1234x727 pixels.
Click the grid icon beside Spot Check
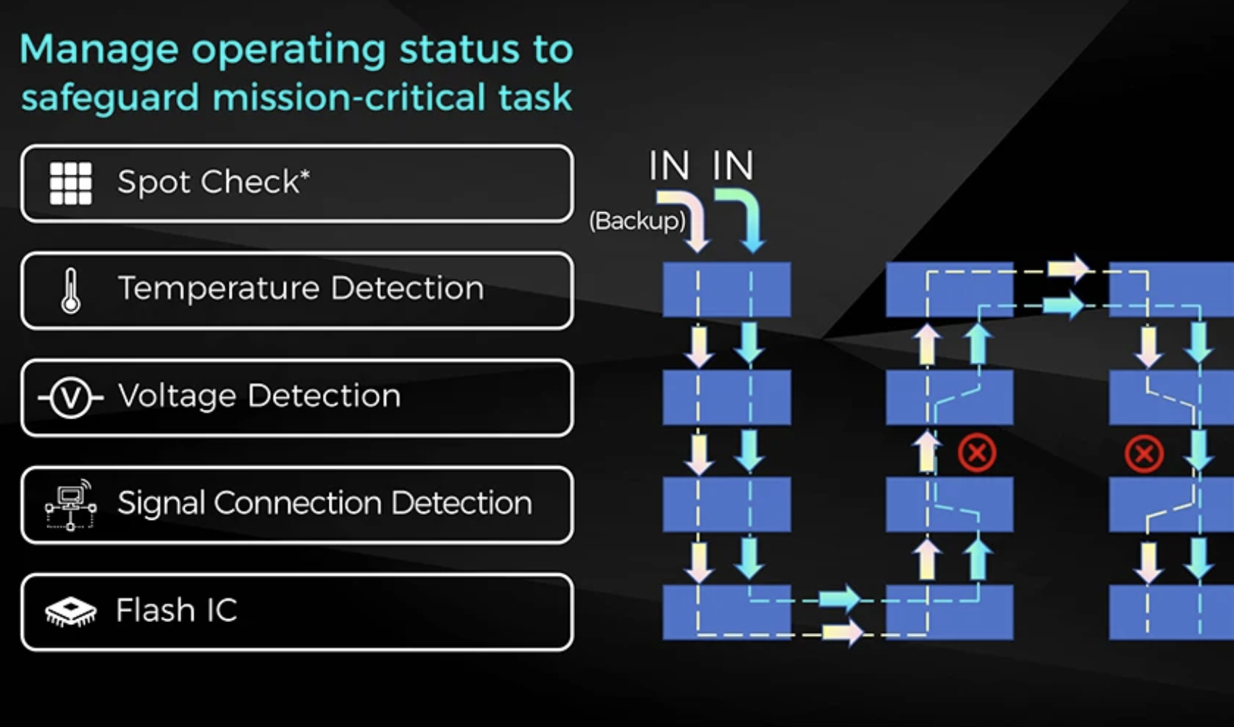70,183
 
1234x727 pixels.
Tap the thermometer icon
70,291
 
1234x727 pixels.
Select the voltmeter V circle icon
70,398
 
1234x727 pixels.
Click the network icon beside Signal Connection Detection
70,504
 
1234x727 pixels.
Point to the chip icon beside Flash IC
70,611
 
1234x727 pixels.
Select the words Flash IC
176,610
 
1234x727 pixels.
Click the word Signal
161,503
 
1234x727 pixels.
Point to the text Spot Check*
213,182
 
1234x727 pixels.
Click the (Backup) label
637,220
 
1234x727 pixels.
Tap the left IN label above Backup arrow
668,166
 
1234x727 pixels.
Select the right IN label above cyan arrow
733,166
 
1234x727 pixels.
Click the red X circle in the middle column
977,453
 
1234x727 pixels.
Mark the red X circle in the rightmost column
1143,454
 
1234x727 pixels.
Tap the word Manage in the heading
98,50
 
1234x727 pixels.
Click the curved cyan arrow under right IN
742,217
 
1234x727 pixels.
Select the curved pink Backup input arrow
687,217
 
